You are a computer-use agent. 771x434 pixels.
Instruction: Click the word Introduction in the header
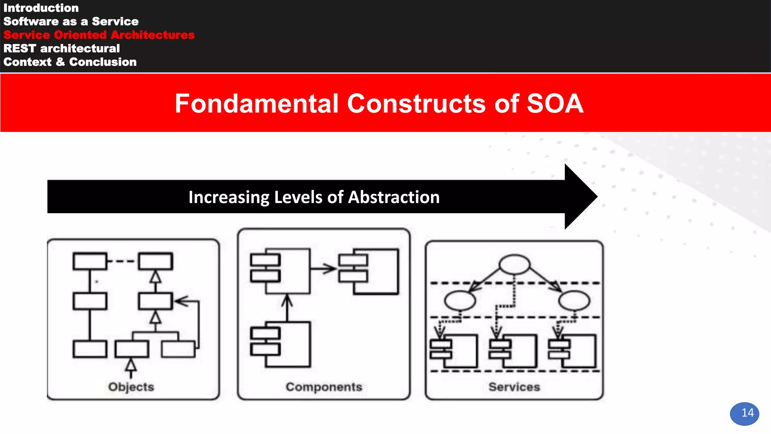pyautogui.click(x=41, y=8)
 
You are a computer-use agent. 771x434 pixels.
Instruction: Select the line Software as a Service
pyautogui.click(x=71, y=21)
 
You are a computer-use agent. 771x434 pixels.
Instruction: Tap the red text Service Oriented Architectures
pyautogui.click(x=99, y=35)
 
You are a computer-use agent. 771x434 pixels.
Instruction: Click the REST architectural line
pyautogui.click(x=61, y=49)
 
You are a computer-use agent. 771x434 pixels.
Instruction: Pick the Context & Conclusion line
pyautogui.click(x=70, y=62)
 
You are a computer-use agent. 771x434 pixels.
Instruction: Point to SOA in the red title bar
pyautogui.click(x=555, y=104)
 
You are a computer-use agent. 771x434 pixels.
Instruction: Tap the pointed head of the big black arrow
pyautogui.click(x=582, y=197)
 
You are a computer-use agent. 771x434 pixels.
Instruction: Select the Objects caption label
pyautogui.click(x=131, y=387)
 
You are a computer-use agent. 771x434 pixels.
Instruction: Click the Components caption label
pyautogui.click(x=324, y=387)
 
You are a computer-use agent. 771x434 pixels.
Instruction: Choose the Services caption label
pyautogui.click(x=514, y=387)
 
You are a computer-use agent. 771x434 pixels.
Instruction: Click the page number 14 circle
pyautogui.click(x=744, y=413)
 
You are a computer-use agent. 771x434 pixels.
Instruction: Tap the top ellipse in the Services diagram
pyautogui.click(x=514, y=264)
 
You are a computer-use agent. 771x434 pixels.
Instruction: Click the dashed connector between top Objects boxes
pyautogui.click(x=122, y=261)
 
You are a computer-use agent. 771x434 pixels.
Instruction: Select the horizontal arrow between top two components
pyautogui.click(x=323, y=269)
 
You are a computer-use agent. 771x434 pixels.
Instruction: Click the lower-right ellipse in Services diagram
pyautogui.click(x=574, y=301)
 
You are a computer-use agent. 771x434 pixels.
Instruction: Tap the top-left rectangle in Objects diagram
pyautogui.click(x=90, y=261)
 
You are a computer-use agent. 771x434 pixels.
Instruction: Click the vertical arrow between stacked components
pyautogui.click(x=287, y=308)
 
